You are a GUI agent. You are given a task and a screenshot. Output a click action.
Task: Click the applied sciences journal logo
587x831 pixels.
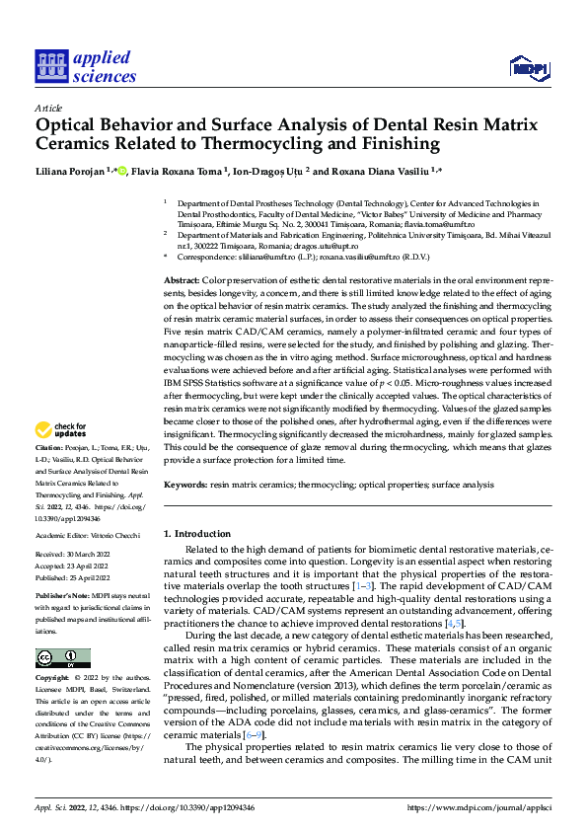[86, 66]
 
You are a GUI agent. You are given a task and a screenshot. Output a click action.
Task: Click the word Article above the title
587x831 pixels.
[47, 107]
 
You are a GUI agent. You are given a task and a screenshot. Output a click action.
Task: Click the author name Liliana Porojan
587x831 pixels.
[72, 171]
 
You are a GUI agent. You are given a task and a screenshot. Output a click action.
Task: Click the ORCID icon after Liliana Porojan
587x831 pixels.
[122, 171]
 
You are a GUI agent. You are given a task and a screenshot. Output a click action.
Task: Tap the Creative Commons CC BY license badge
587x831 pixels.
[62, 631]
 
